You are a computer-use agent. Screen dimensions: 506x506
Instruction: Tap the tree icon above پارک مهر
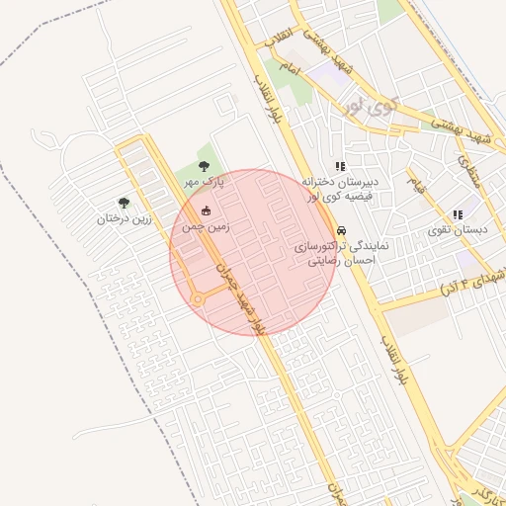click(x=205, y=166)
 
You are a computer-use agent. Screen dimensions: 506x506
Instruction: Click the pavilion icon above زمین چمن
click(x=207, y=210)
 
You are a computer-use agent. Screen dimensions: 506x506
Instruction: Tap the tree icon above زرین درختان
click(x=124, y=203)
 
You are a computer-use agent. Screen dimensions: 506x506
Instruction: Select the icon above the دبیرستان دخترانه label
click(x=340, y=166)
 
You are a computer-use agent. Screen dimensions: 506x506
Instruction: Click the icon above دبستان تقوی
click(x=457, y=213)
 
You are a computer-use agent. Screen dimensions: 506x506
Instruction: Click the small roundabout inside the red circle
click(x=198, y=299)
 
